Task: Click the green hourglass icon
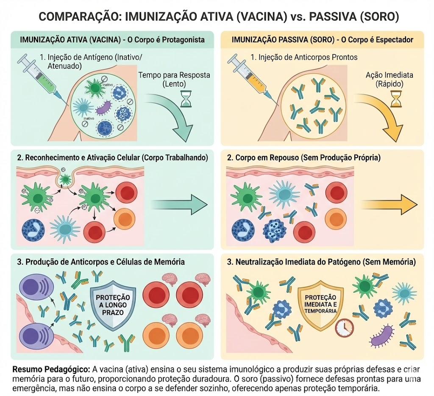click(x=186, y=99)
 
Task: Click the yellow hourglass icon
click(x=396, y=99)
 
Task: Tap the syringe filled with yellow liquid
click(x=249, y=77)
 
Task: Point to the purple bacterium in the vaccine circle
click(x=105, y=108)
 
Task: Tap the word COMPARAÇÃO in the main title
click(x=79, y=17)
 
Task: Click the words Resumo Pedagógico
click(x=51, y=370)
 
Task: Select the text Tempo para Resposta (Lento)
click(x=174, y=79)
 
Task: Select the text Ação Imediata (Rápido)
click(x=389, y=79)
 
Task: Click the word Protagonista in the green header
click(x=183, y=40)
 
